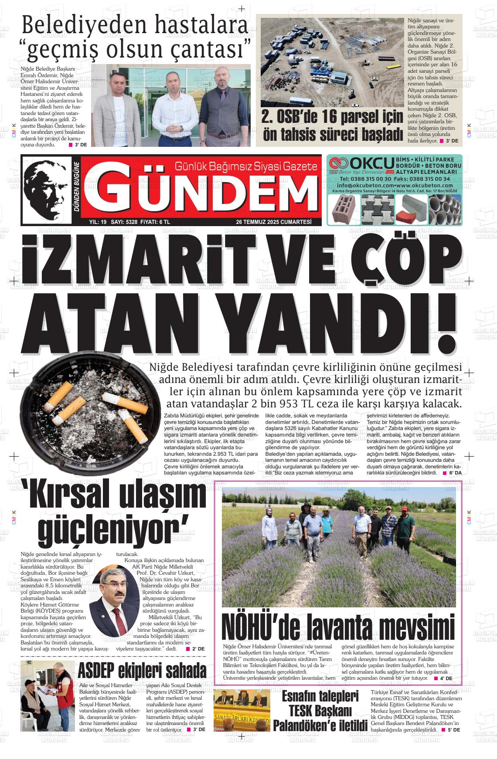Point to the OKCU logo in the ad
point(362,163)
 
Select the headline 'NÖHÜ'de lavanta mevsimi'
point(338,626)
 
